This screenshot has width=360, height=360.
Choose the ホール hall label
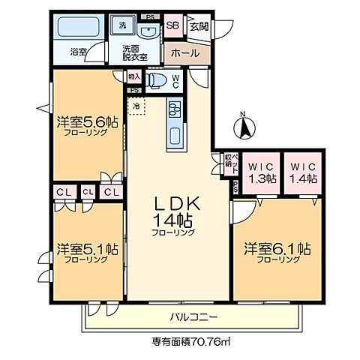point(184,53)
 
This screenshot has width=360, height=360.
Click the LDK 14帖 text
point(177,212)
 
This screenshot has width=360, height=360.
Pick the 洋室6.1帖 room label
point(276,248)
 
